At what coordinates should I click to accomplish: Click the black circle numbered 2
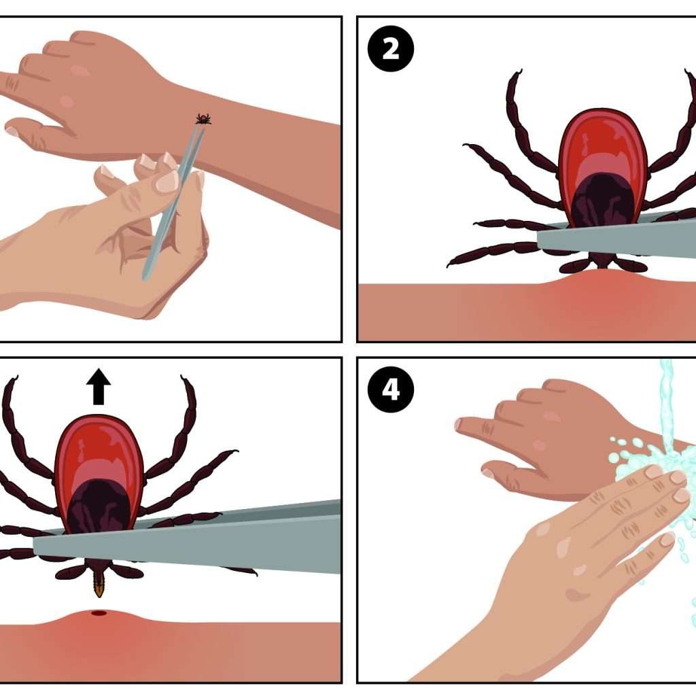(391, 48)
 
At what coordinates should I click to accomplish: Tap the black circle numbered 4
(391, 389)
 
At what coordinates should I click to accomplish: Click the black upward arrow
(99, 386)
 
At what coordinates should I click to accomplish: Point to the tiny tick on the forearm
(203, 119)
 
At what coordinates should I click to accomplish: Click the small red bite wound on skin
(99, 613)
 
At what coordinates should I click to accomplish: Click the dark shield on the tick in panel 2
(603, 201)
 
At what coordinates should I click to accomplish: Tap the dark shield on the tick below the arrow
(99, 506)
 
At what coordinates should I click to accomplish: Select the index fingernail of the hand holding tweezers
(167, 181)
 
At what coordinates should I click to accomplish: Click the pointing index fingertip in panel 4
(460, 424)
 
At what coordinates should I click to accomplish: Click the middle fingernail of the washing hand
(678, 478)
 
